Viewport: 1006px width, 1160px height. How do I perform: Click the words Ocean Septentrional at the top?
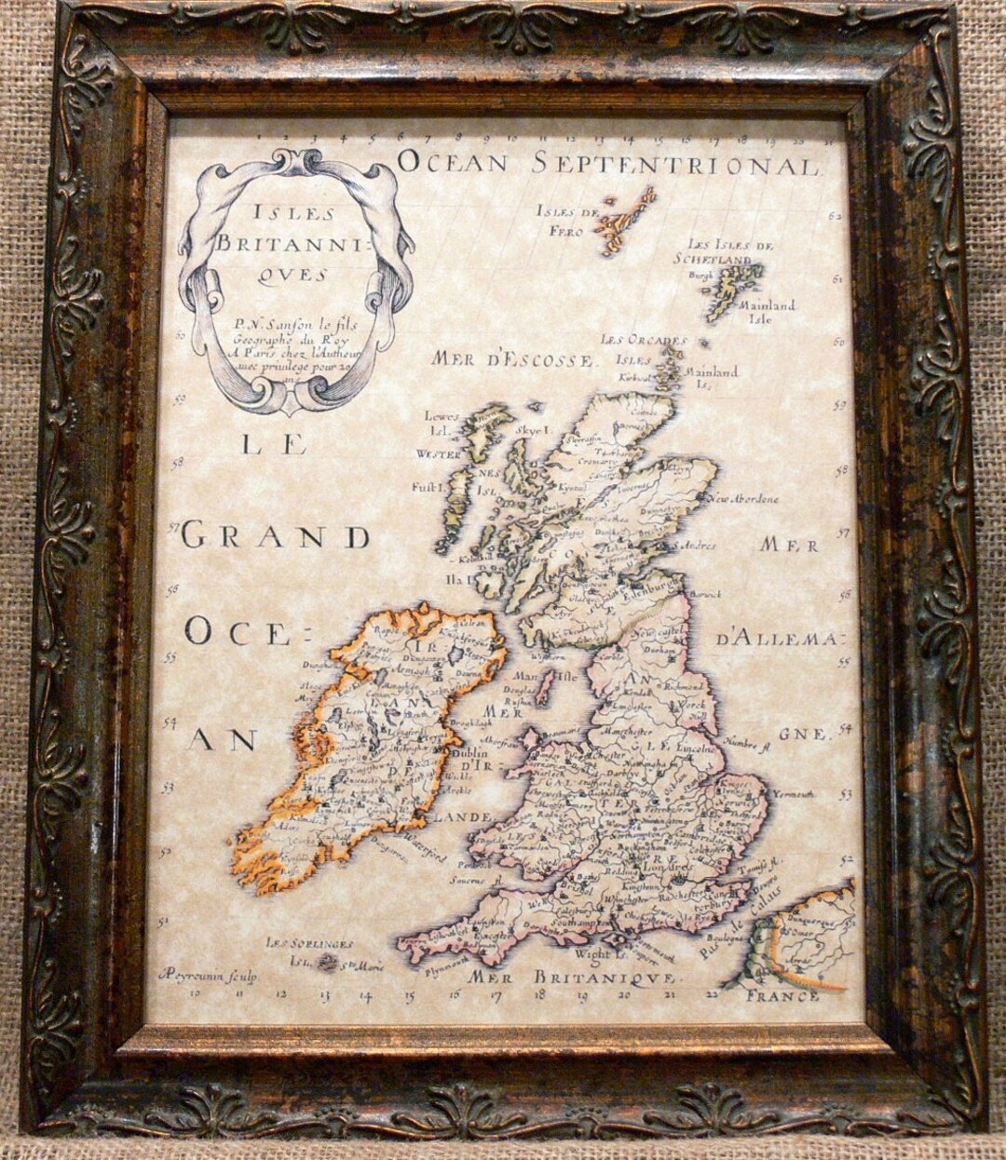tap(608, 164)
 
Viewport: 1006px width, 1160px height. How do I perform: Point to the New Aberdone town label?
tap(742, 498)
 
